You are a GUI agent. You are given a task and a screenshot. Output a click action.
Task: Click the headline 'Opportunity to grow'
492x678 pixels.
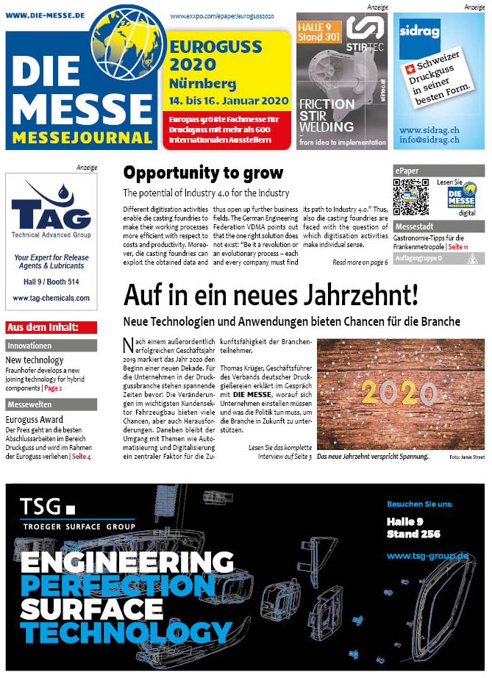coord(203,174)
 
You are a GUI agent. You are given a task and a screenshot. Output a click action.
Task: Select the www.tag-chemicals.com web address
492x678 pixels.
coord(51,298)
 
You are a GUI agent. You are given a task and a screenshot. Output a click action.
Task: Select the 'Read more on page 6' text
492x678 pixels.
coord(360,262)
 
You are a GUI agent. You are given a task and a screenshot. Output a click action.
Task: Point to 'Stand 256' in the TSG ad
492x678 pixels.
coord(413,534)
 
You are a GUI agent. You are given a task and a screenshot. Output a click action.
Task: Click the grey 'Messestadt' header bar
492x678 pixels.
coord(438,226)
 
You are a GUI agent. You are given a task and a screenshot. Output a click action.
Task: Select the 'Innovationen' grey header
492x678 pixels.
coord(51,346)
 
